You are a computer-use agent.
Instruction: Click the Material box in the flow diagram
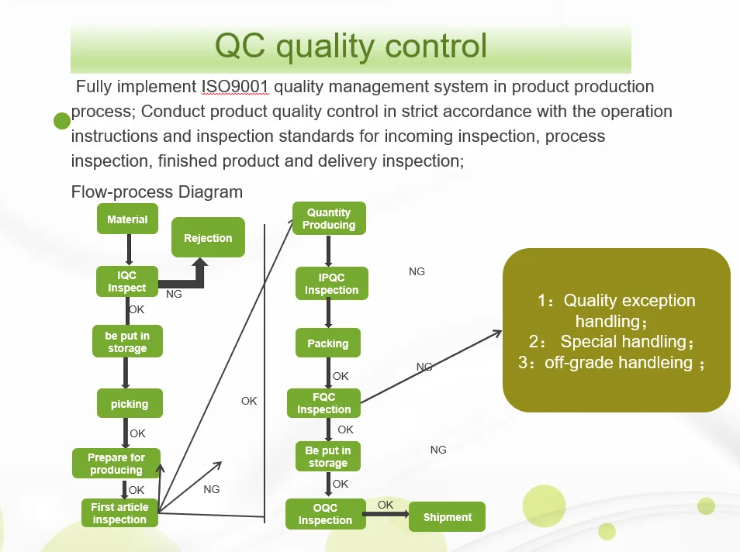(127, 219)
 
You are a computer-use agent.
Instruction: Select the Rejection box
(208, 238)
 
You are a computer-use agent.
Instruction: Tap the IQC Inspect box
(127, 281)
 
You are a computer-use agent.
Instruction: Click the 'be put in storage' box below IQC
(127, 342)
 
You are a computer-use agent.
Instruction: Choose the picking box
(130, 404)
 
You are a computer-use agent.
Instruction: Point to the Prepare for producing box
(116, 464)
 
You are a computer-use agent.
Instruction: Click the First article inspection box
(119, 513)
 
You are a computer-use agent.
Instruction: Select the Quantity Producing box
(329, 219)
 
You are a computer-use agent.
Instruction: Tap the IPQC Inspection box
(331, 284)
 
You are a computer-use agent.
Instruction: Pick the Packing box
(328, 343)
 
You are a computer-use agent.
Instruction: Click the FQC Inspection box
(324, 403)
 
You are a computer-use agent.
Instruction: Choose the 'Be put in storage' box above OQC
(328, 457)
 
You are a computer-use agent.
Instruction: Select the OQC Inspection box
(325, 514)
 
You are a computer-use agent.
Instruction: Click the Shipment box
(448, 517)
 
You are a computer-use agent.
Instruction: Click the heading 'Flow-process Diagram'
(157, 191)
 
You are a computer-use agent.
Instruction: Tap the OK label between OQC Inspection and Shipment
(386, 505)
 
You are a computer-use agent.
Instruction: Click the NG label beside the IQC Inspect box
(174, 295)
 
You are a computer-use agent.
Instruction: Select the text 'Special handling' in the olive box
(624, 342)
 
